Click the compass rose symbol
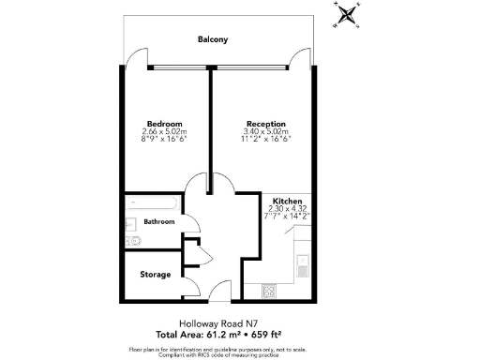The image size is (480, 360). click(x=348, y=14)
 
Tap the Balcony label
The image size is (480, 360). click(x=215, y=40)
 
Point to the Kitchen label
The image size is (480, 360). click(x=286, y=202)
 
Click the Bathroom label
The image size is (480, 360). click(x=158, y=222)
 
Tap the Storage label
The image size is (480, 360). click(x=156, y=275)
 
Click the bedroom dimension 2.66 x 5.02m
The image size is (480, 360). click(x=163, y=132)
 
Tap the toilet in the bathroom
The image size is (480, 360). click(x=133, y=240)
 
